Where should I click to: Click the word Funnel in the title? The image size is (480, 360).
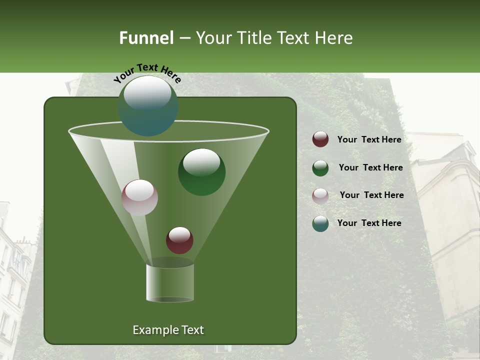click(146, 38)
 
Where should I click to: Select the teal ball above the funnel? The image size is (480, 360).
click(148, 106)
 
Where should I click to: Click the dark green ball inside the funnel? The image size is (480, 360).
click(201, 172)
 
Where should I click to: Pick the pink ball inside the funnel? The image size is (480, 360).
click(139, 197)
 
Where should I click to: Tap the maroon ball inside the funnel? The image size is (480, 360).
click(179, 240)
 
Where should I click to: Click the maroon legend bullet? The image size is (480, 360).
click(320, 139)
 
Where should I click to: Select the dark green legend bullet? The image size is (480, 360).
click(320, 168)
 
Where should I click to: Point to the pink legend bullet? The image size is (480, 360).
click(320, 196)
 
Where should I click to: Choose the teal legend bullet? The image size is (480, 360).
click(320, 223)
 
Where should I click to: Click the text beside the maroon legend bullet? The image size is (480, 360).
click(369, 140)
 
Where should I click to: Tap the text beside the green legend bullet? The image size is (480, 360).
click(370, 168)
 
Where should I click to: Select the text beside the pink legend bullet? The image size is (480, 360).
click(371, 195)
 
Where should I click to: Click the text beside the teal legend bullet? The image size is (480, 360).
click(369, 223)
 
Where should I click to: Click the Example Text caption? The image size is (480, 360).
click(168, 330)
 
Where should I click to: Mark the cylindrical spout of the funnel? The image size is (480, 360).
click(169, 283)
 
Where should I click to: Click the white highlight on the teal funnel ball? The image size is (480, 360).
click(147, 93)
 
